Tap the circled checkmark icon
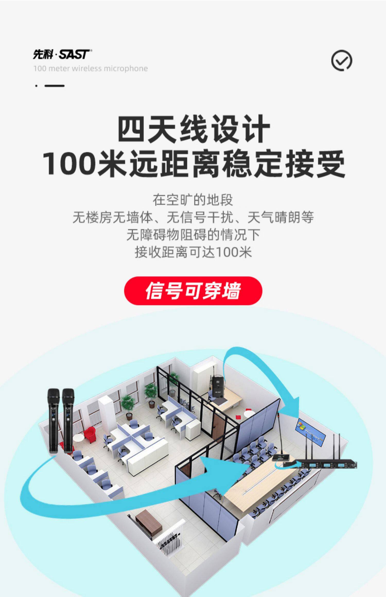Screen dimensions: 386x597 pyautogui.click(x=341, y=60)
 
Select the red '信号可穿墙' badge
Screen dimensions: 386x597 pyautogui.click(x=193, y=291)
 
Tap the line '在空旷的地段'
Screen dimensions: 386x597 pyautogui.click(x=193, y=200)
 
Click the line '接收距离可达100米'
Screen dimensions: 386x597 pyautogui.click(x=193, y=252)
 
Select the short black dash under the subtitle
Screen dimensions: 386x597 pyautogui.click(x=54, y=86)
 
